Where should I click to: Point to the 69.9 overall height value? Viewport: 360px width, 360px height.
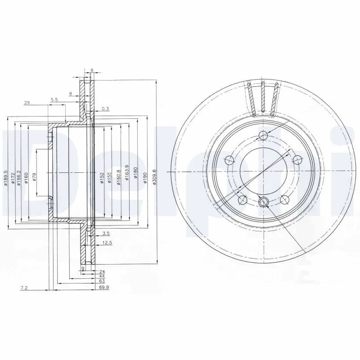click(x=105, y=286)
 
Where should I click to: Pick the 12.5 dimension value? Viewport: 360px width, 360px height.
click(x=107, y=243)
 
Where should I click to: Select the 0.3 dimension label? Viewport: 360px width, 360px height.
click(x=105, y=109)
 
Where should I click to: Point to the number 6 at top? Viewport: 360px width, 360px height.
click(x=92, y=71)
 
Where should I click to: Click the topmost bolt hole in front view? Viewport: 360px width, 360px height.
click(x=263, y=137)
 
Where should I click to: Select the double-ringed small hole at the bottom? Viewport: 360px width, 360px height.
click(x=264, y=202)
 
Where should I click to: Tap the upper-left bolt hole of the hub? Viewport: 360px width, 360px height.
click(x=229, y=159)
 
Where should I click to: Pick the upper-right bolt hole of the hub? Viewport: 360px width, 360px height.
click(x=298, y=159)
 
